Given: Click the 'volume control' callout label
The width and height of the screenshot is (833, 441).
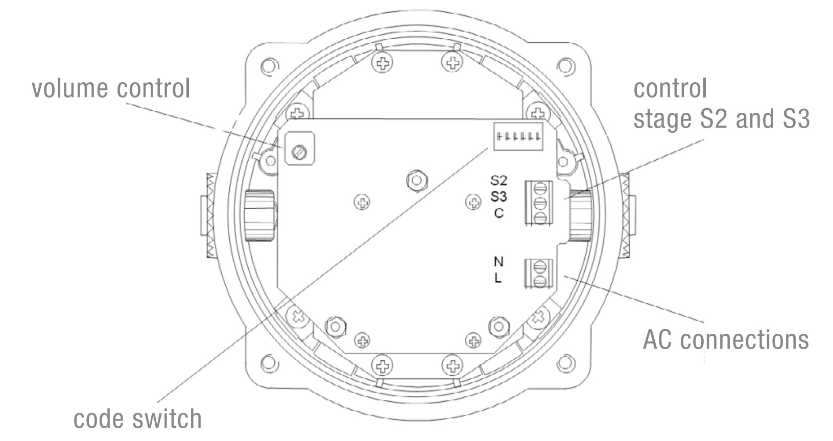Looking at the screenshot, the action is (x=111, y=88).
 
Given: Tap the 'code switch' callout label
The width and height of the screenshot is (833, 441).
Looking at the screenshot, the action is (x=137, y=419).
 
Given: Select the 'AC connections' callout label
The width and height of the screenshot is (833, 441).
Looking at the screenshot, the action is (x=726, y=339).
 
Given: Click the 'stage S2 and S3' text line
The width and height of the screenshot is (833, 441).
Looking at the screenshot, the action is (x=722, y=119).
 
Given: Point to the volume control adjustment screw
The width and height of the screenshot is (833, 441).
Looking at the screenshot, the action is (x=299, y=152).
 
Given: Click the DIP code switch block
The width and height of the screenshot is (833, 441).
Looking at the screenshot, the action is (x=518, y=137).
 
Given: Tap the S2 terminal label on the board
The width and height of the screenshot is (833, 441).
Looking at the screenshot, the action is (x=498, y=181).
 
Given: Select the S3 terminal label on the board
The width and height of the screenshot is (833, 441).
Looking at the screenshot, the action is (x=498, y=197).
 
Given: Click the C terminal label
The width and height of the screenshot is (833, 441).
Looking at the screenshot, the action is (x=498, y=213).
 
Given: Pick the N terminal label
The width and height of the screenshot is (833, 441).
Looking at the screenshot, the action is (x=498, y=262).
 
